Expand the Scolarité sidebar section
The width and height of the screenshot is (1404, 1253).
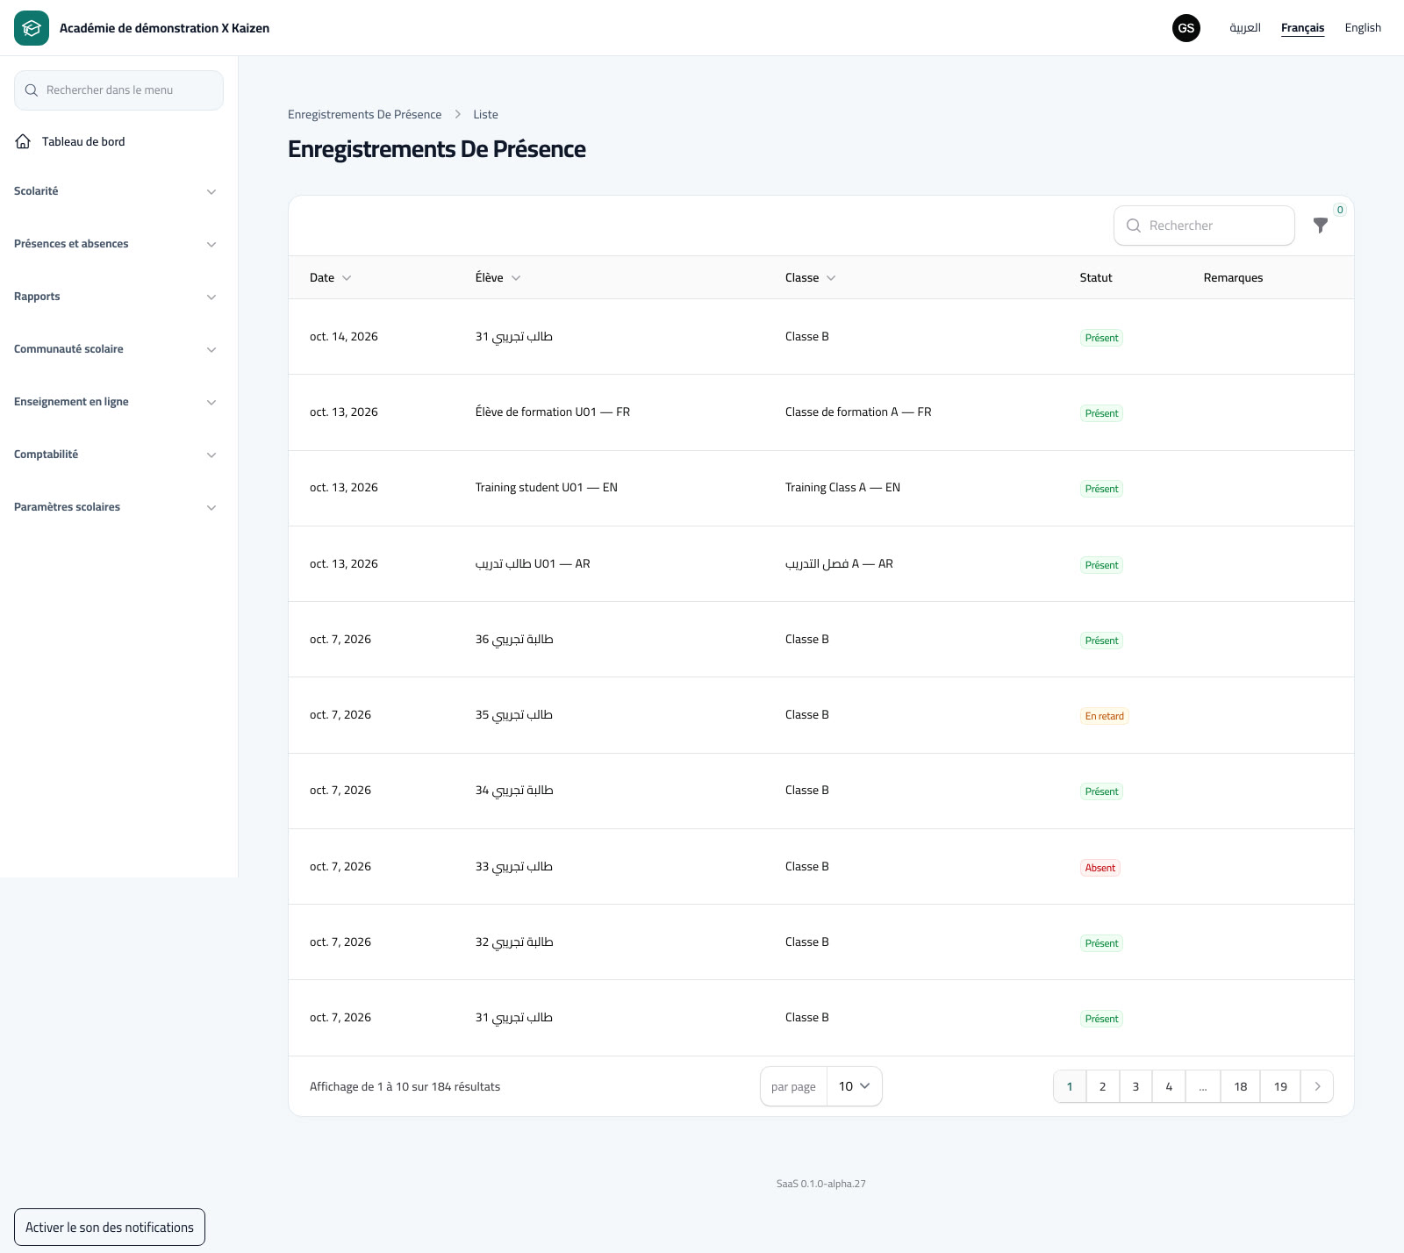[x=115, y=191]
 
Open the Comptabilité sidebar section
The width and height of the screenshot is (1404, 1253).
[x=115, y=455]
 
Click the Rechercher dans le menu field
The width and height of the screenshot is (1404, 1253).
[x=118, y=90]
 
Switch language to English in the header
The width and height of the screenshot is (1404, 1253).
[x=1363, y=28]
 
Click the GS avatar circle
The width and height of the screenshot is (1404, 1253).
[x=1186, y=28]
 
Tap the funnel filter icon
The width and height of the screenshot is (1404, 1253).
[x=1321, y=226]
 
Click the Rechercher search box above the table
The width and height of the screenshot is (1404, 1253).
[x=1204, y=226]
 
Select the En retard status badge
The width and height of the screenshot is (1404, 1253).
[x=1104, y=716]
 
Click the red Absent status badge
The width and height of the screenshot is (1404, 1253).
[x=1100, y=868]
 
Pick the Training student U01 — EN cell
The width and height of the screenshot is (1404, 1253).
[x=546, y=488]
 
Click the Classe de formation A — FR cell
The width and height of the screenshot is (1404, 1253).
[x=858, y=412]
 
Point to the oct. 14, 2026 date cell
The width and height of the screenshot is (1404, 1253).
[x=343, y=337]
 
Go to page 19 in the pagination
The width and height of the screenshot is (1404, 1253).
[x=1280, y=1086]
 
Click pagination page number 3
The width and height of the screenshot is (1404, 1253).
[x=1135, y=1086]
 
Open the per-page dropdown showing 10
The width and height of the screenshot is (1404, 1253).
[x=854, y=1086]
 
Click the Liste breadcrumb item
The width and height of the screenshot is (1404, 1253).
[x=485, y=115]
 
